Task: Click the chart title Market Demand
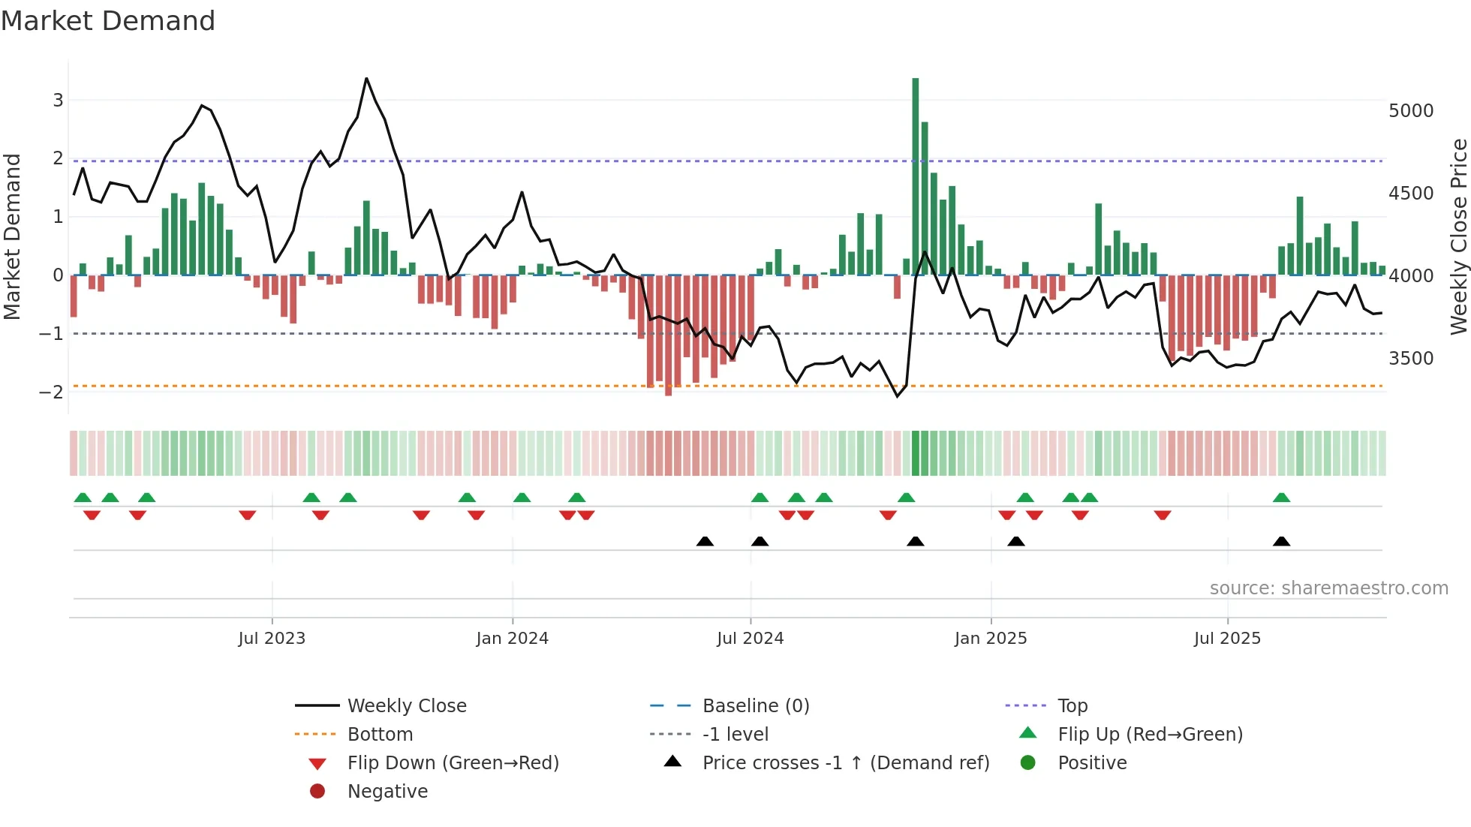click(108, 20)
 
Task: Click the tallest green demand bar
click(916, 176)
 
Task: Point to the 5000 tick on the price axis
click(1410, 111)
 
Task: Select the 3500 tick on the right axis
click(1410, 359)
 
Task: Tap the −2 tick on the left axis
click(52, 392)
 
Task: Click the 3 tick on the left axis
click(58, 100)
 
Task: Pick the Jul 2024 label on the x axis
click(750, 639)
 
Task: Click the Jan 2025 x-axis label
click(991, 639)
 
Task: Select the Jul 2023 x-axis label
click(272, 639)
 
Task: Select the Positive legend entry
click(1092, 762)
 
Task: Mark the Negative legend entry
click(387, 791)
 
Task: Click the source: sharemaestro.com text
click(1328, 588)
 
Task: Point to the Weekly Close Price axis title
click(1458, 236)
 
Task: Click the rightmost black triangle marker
click(1282, 541)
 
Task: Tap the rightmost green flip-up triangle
click(1282, 498)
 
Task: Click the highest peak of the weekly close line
click(366, 78)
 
